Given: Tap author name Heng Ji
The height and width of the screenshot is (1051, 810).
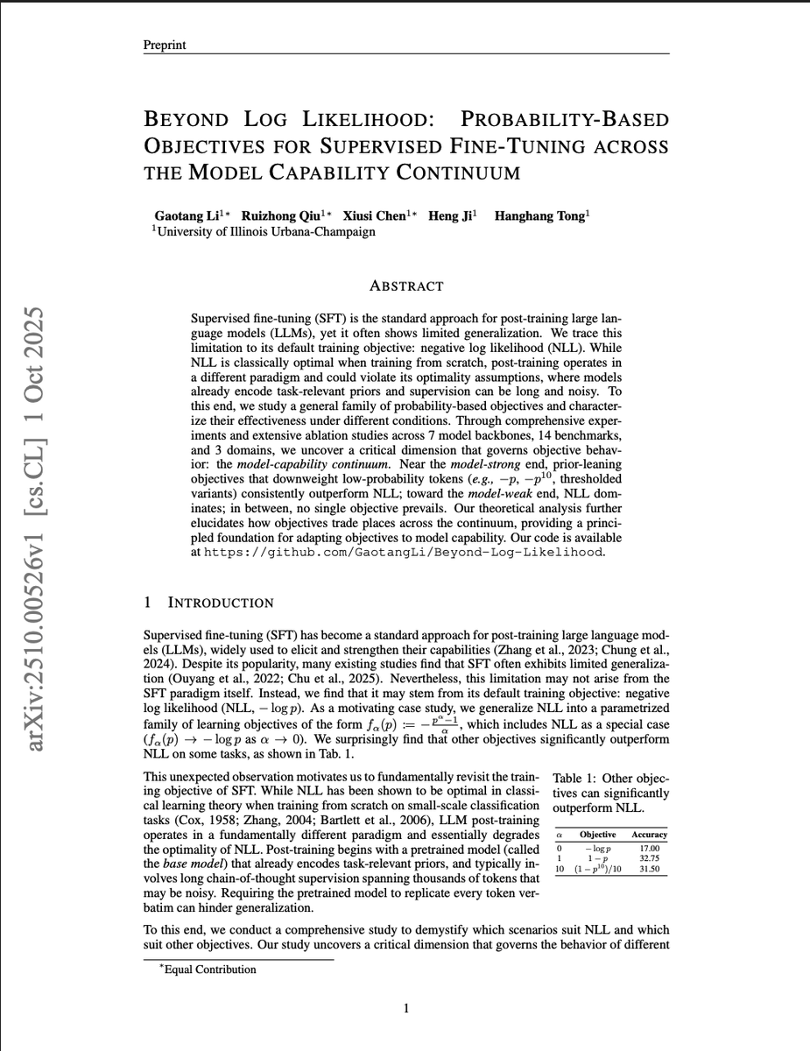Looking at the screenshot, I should tap(448, 216).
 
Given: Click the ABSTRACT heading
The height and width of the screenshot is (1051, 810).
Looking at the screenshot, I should tap(406, 286).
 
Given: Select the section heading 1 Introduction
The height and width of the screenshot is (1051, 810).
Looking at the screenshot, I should tap(208, 603).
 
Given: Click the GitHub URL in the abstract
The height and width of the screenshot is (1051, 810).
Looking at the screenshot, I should tap(404, 553).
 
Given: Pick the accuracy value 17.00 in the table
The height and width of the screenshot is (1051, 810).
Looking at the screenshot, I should tap(649, 848).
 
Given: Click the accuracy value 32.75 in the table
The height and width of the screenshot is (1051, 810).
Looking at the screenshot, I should tap(649, 859).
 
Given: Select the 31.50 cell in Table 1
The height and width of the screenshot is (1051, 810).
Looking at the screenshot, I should tap(649, 871).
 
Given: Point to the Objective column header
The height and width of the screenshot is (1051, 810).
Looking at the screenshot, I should tap(599, 835).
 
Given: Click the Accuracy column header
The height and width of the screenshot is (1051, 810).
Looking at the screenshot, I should tap(649, 835).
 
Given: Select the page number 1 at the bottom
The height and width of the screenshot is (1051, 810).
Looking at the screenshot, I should tap(406, 1009).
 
